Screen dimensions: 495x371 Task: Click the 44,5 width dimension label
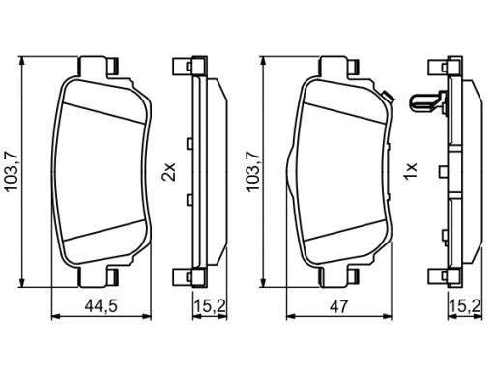pyautogui.click(x=101, y=306)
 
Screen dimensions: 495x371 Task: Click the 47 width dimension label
pyautogui.click(x=339, y=306)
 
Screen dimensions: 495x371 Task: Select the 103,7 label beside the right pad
pyautogui.click(x=253, y=171)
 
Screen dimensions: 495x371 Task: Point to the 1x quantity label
pyautogui.click(x=411, y=171)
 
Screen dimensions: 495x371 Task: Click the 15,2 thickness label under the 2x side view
pyautogui.click(x=210, y=306)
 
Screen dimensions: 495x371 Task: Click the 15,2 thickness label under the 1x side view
pyautogui.click(x=466, y=306)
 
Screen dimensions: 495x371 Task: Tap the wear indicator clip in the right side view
pyautogui.click(x=428, y=101)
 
